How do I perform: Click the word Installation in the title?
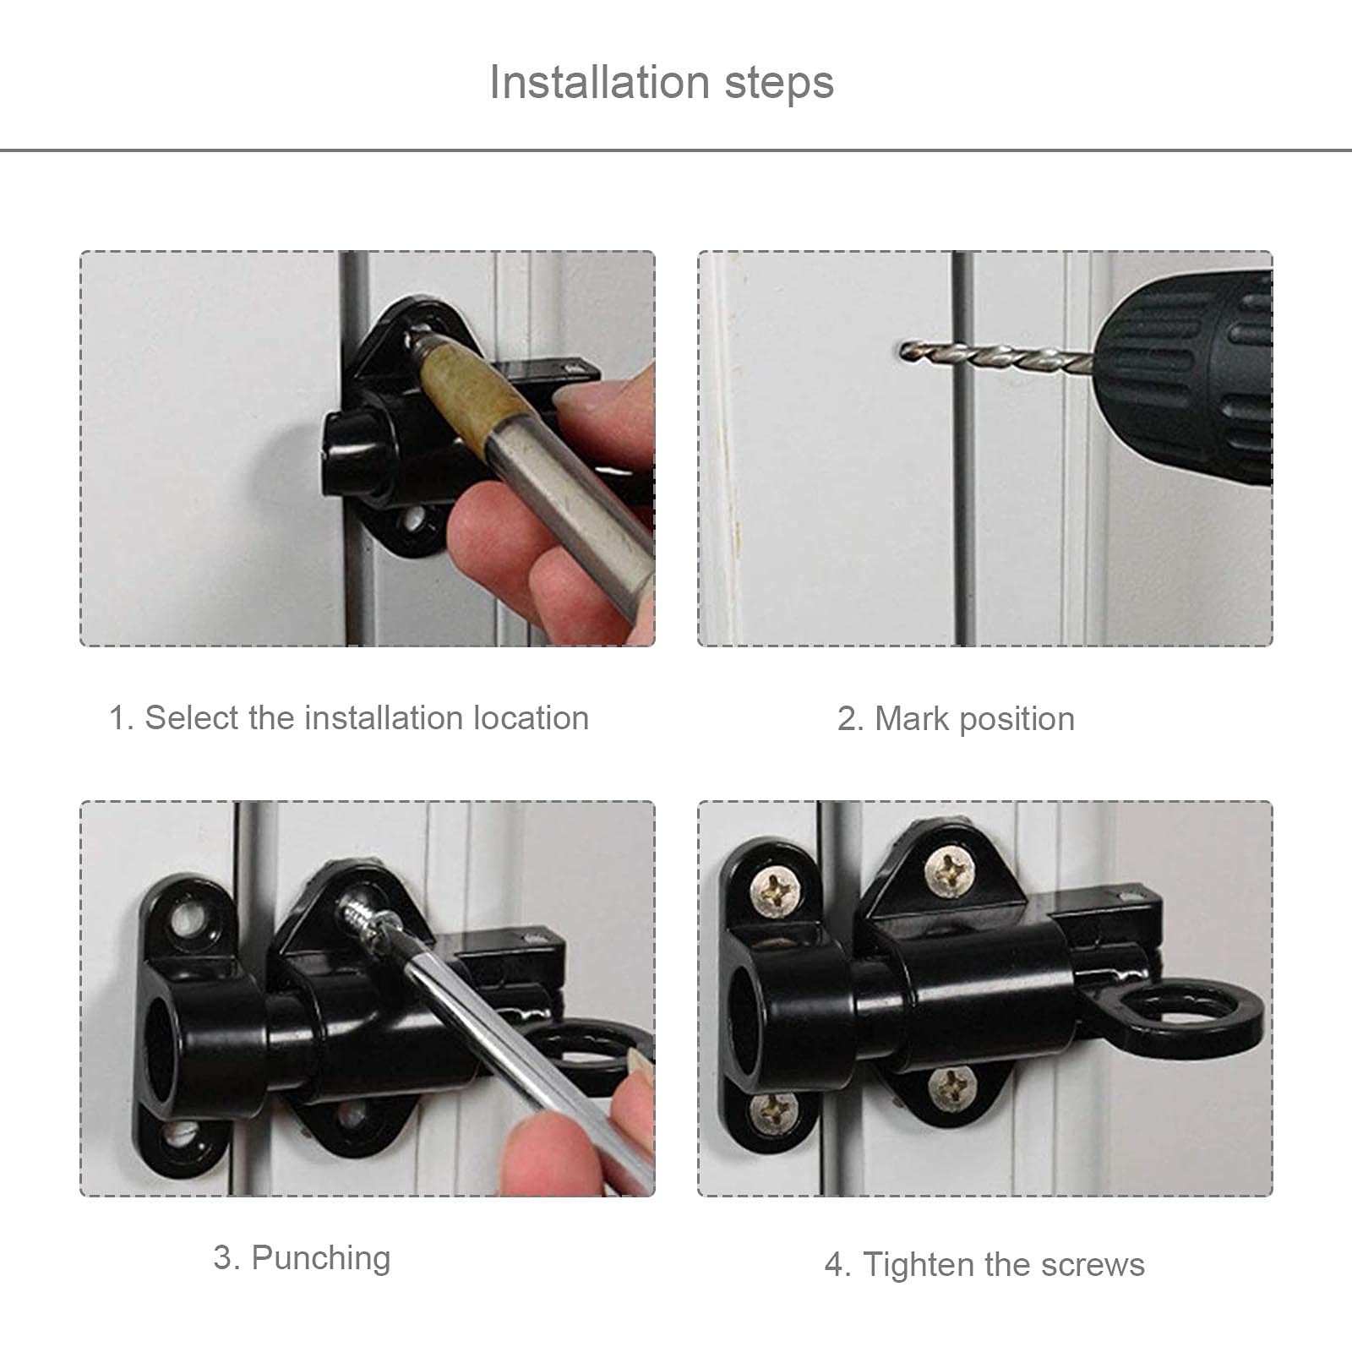[599, 83]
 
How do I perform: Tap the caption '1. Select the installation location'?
[349, 718]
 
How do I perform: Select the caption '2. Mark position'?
[956, 719]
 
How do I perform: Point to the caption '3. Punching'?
[302, 1258]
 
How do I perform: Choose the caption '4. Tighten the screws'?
[984, 1265]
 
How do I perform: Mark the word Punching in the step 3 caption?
[321, 1258]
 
